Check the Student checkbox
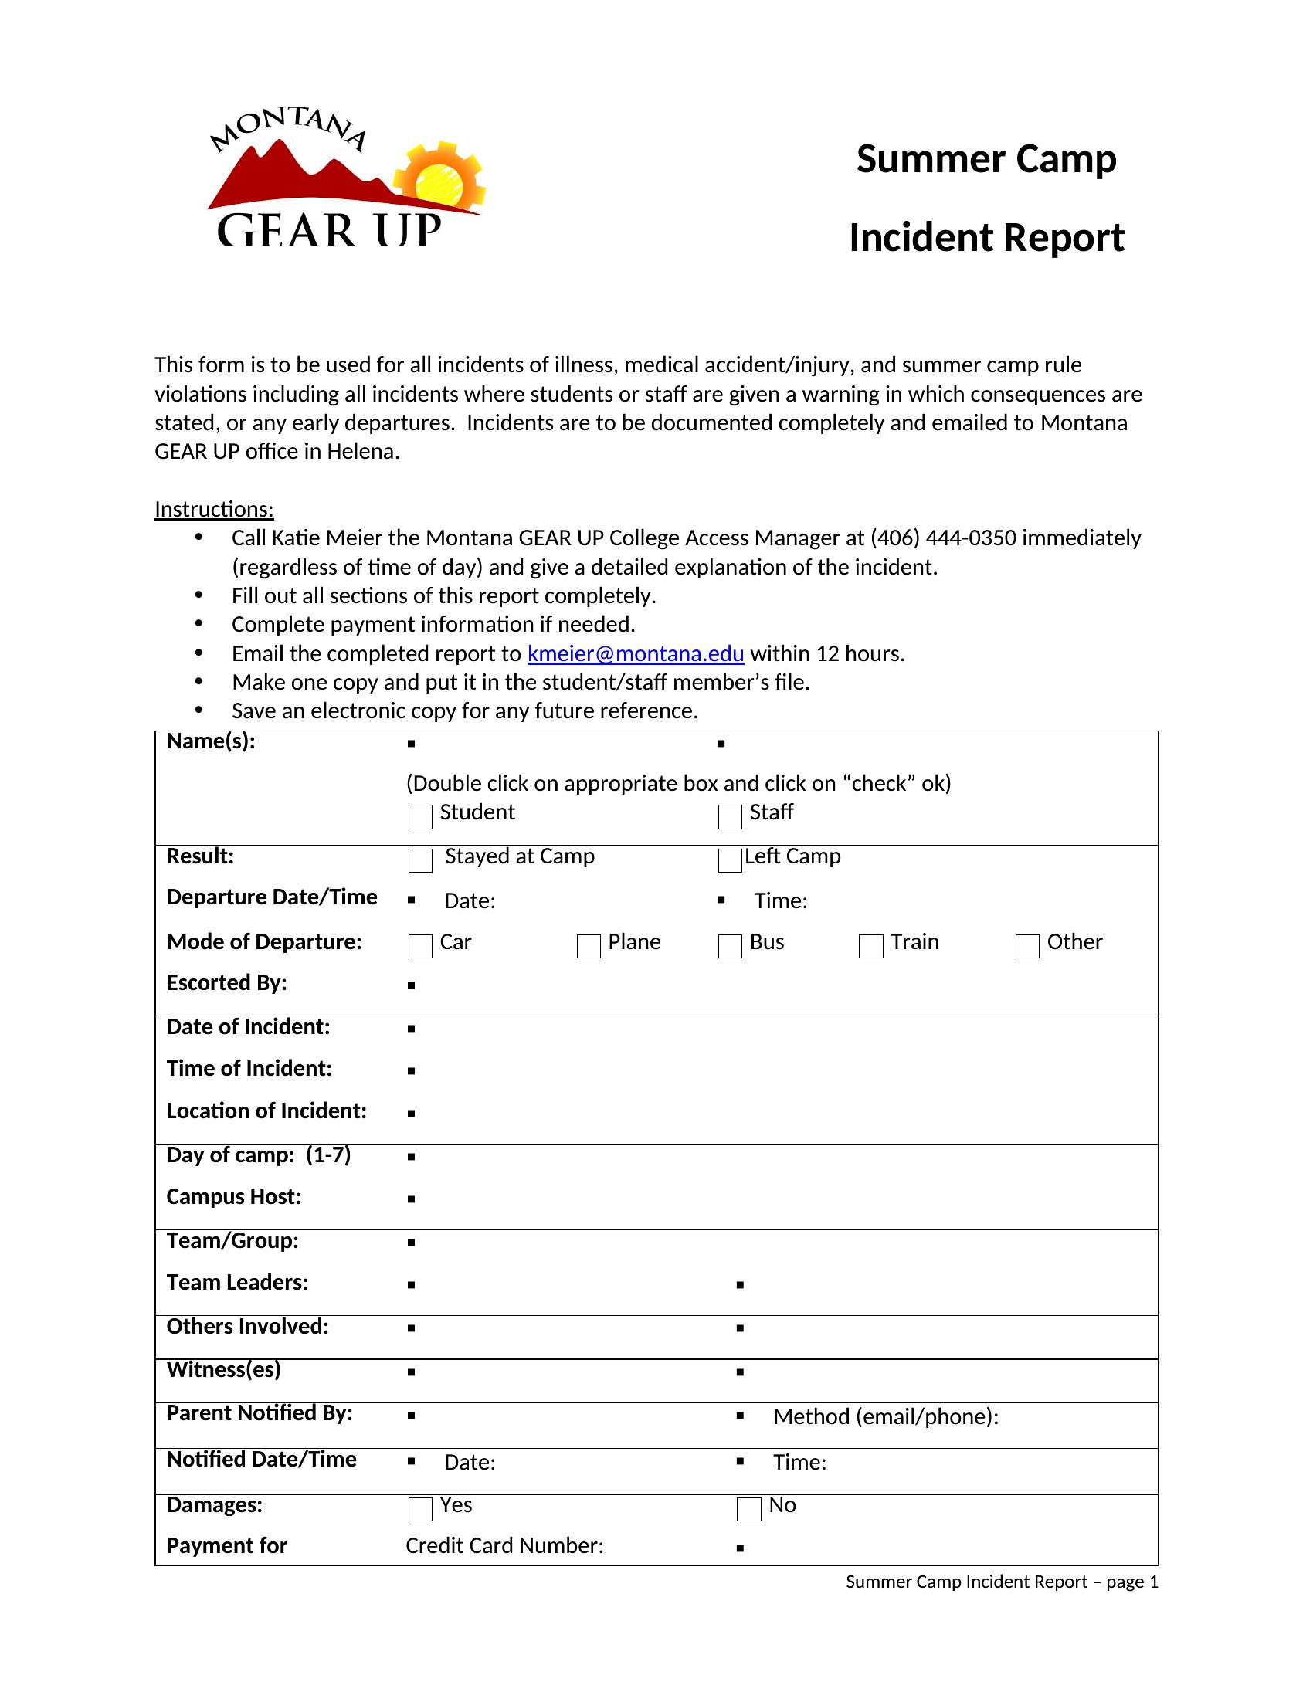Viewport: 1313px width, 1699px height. [420, 817]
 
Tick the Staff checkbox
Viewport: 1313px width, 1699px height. [730, 817]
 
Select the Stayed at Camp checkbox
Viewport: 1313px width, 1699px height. [420, 860]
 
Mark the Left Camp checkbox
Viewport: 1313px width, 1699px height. [730, 860]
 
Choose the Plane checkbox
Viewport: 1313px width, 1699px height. [589, 946]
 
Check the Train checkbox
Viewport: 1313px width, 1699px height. [870, 946]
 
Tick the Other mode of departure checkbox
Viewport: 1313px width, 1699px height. [1027, 946]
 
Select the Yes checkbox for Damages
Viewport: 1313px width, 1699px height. [420, 1509]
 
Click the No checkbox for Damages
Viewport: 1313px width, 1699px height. [748, 1509]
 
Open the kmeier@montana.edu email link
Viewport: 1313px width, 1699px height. [636, 653]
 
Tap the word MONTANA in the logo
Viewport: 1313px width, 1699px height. [289, 127]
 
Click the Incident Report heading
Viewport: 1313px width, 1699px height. [986, 237]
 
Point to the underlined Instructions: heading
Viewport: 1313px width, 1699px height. [214, 509]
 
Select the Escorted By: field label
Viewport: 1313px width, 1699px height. [226, 982]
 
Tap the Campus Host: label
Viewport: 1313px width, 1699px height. [233, 1196]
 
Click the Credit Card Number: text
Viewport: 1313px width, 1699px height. [504, 1546]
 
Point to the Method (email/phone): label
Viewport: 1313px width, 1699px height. [886, 1416]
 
